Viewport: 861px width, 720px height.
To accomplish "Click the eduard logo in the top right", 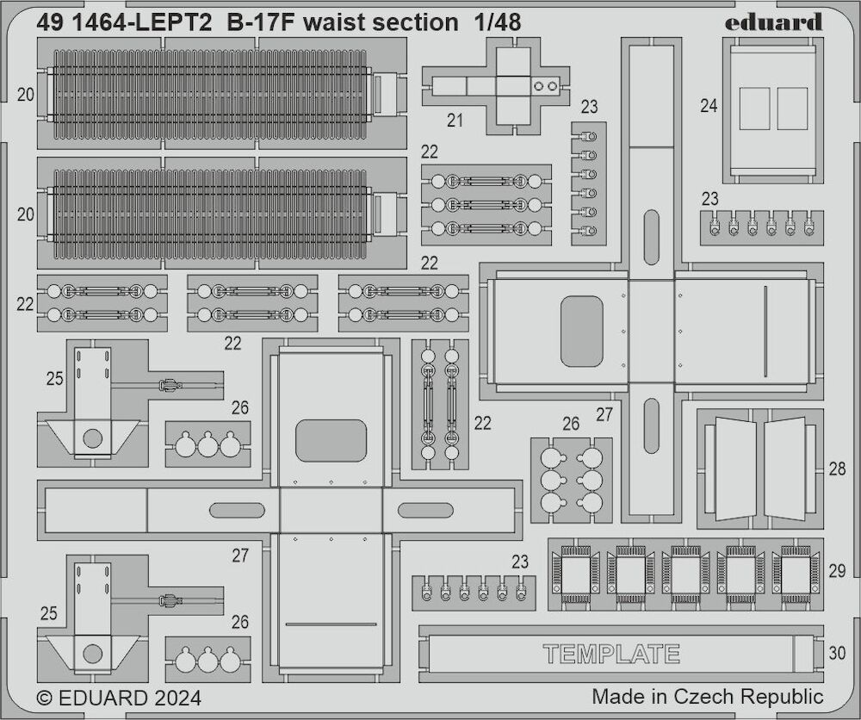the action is pos(773,22).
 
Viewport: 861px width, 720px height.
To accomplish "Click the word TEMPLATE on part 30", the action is pos(611,654).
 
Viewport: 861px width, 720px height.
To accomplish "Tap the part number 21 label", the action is pos(455,121).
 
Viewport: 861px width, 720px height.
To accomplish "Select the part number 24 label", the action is pos(709,105).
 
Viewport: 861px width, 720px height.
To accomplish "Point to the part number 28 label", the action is pos(837,469).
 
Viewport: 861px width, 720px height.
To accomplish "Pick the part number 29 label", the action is pos(837,571).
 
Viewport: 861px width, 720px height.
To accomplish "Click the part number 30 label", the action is pos(837,653).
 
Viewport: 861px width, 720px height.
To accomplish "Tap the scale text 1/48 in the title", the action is pos(497,22).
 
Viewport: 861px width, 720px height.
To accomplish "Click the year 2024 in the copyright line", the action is pos(177,698).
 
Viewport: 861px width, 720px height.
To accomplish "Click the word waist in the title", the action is pos(331,22).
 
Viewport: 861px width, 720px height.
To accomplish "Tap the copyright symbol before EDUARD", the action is pos(45,698).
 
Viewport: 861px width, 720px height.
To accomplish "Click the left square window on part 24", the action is pos(754,109).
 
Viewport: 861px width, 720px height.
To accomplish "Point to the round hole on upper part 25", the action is pos(92,438).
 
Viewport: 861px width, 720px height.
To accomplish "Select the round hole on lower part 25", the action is pos(92,654).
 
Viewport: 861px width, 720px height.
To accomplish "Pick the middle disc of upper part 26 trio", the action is pos(208,445).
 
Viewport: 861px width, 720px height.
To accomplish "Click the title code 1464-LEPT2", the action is pos(138,22).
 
